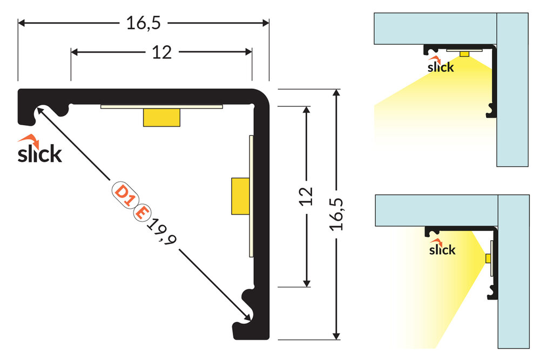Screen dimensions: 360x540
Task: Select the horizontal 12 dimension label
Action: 161,52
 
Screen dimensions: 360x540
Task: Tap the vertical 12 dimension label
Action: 306,196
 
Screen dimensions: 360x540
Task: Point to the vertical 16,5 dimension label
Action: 337,214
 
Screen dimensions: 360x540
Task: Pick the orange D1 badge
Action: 124,195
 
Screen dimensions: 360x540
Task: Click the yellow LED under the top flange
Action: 161,117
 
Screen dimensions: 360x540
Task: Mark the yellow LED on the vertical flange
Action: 240,195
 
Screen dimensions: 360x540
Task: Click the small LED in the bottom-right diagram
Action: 488,259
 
